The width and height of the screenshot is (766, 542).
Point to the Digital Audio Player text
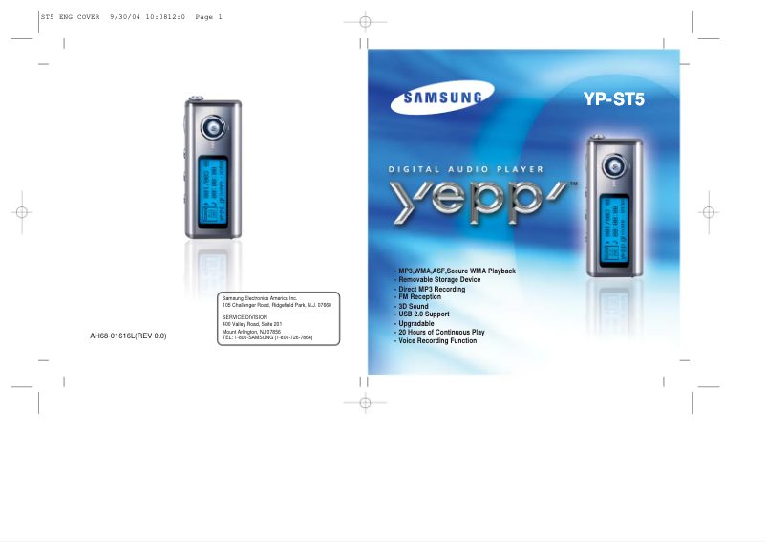(466, 169)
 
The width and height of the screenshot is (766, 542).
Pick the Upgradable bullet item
(415, 323)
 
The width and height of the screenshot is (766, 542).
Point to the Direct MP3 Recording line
(432, 289)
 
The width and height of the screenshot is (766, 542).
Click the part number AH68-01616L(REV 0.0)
(128, 336)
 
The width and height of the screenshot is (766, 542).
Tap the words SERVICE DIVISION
(245, 316)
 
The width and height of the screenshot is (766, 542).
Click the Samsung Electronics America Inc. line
(260, 299)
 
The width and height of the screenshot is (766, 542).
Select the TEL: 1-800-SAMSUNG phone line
(266, 337)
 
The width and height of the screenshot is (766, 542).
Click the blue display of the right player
(614, 228)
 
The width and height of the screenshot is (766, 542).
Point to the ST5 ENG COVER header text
(71, 16)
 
